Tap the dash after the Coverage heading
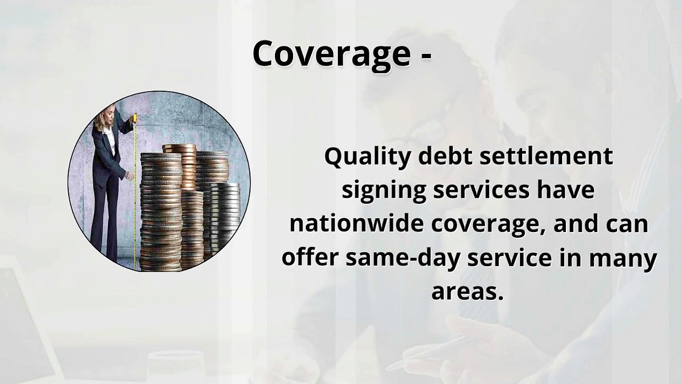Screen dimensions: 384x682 pyautogui.click(x=425, y=55)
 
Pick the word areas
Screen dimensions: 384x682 pyautogui.click(x=467, y=291)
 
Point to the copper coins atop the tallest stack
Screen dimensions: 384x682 pyautogui.click(x=179, y=148)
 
